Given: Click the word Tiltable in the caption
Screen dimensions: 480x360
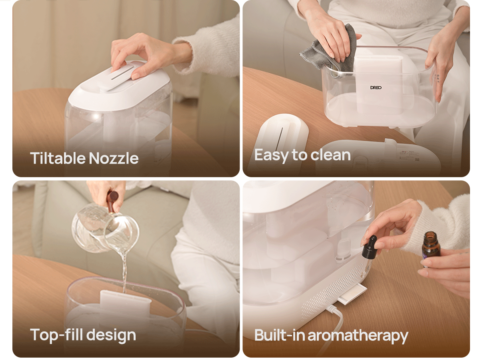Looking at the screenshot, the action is (58, 158).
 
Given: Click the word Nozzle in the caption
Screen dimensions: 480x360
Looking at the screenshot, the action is (114, 158).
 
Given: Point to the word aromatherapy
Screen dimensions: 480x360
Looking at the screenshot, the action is (358, 336).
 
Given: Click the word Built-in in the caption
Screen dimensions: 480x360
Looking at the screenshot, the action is (280, 335).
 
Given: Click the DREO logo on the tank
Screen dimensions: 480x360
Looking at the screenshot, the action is (376, 88).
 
